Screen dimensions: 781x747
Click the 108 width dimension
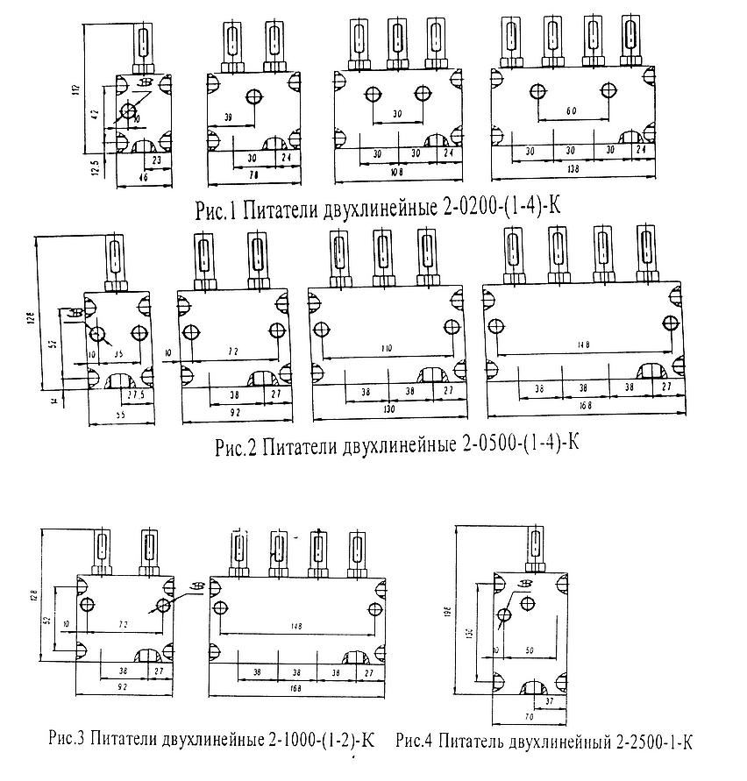point(395,172)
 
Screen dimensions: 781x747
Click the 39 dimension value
point(230,117)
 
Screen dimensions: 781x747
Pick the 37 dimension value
point(549,701)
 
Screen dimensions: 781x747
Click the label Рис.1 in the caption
point(216,209)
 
